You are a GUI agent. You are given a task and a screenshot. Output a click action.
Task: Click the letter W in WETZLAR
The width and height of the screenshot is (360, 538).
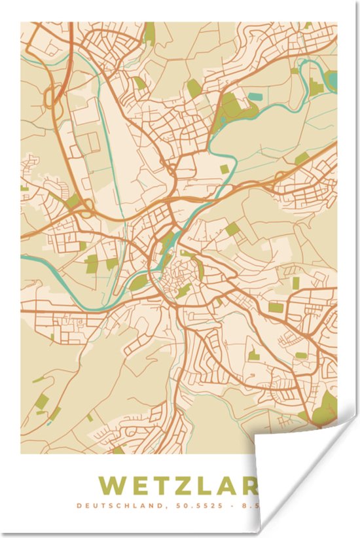[x=112, y=486]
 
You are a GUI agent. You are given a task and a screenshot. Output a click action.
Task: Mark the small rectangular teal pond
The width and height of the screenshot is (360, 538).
[x=253, y=97]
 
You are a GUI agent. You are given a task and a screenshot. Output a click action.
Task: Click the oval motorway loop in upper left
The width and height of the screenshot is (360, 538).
[x=51, y=98]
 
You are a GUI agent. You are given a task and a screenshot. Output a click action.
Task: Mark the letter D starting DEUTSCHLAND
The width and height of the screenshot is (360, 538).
[x=79, y=505]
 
